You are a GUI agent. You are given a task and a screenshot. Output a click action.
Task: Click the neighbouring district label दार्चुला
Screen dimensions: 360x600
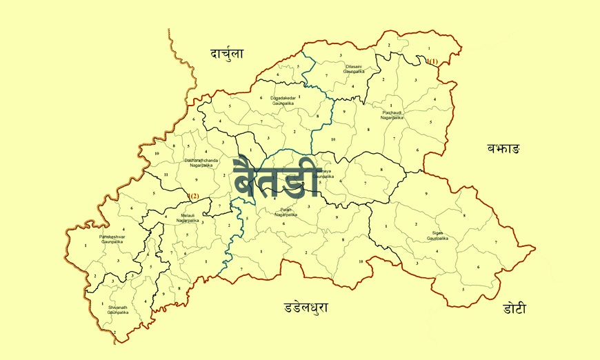coord(227,53)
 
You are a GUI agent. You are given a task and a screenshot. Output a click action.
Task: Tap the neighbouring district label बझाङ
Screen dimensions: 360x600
coord(503,148)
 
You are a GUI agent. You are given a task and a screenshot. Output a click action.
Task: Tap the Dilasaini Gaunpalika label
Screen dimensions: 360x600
coord(354,69)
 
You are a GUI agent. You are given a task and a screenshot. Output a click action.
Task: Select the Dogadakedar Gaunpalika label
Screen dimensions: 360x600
coord(283,100)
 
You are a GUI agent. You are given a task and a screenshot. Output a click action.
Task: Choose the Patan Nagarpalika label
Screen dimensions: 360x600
coord(286,212)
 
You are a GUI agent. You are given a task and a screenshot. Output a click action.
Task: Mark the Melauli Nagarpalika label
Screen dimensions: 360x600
coord(187,218)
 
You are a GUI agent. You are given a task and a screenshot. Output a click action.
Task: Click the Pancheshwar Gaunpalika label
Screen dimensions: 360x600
coord(111,240)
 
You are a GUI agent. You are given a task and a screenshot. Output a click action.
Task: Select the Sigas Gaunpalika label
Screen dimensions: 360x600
coord(437,236)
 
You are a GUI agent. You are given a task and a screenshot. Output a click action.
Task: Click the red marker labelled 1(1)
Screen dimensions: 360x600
coord(432,61)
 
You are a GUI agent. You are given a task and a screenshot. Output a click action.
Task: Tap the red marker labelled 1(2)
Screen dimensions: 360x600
coord(193,196)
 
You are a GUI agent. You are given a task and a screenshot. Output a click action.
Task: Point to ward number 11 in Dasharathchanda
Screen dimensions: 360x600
coord(166,176)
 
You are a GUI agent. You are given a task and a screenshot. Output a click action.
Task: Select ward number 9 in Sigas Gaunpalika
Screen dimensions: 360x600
coord(426,194)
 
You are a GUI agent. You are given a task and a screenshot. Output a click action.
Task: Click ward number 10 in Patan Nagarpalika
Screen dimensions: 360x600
coord(360,261)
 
